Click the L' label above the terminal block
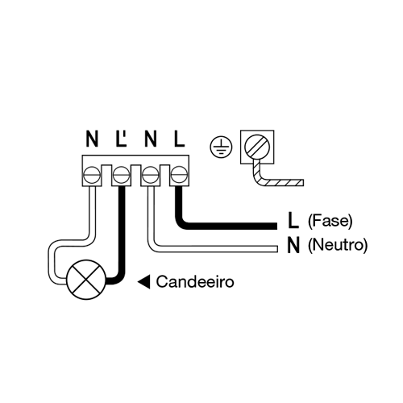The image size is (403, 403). click(x=121, y=139)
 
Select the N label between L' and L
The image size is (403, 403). click(x=151, y=139)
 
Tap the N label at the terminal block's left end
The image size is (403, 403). click(x=92, y=139)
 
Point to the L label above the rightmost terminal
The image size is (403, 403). click(x=179, y=139)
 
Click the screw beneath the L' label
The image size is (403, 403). click(x=121, y=175)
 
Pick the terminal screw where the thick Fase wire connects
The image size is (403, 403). click(x=180, y=175)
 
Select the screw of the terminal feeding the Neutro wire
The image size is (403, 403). click(x=151, y=175)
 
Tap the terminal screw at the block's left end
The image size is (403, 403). click(x=92, y=175)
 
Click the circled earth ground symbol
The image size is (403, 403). click(x=221, y=147)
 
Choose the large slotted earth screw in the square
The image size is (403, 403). click(x=257, y=147)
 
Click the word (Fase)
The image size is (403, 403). click(x=330, y=221)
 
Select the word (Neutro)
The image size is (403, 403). click(x=338, y=245)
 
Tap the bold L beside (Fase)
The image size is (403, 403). click(x=293, y=220)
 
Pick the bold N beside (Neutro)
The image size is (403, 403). click(x=293, y=245)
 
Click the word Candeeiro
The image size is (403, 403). click(x=195, y=282)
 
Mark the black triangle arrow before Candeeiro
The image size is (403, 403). click(x=143, y=282)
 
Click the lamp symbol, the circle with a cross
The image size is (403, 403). click(x=86, y=280)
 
